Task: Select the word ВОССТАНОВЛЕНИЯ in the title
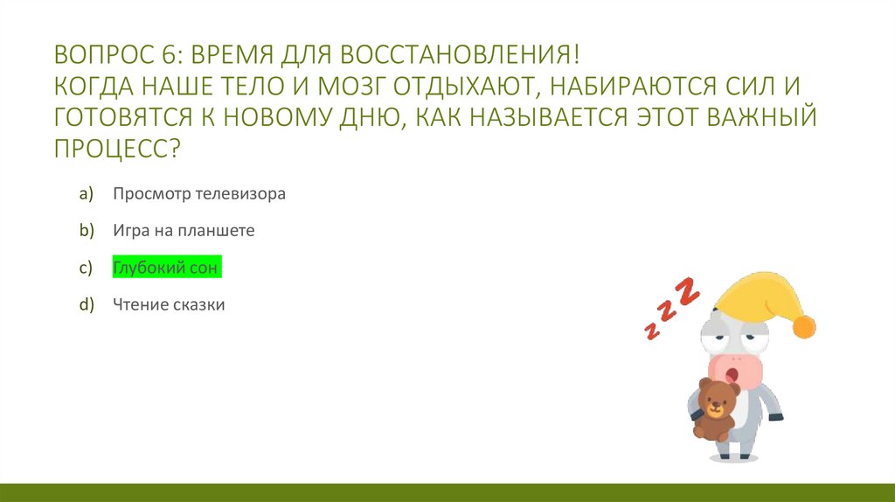460,56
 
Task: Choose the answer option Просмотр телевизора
198,193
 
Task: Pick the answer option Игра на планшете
183,231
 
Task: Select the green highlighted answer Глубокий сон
166,268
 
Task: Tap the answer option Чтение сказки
169,305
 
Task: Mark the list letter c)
86,268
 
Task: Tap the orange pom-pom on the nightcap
803,327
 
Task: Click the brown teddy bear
715,408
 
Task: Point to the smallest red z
651,330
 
